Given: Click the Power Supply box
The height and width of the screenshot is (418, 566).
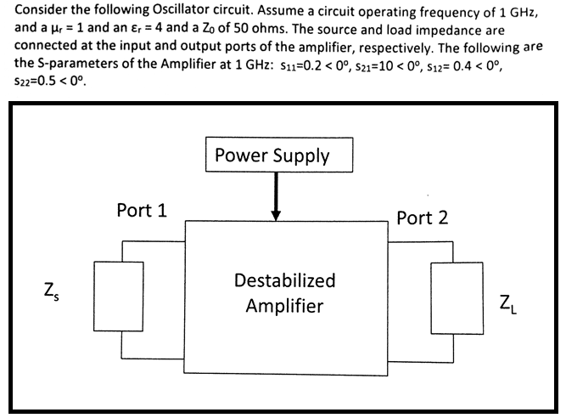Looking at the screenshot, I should click(272, 155).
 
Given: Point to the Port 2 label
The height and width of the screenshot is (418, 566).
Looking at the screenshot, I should click(422, 217).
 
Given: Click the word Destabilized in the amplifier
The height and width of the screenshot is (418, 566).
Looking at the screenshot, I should click(284, 280).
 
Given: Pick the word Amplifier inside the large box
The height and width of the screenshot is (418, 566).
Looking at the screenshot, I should click(284, 306).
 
